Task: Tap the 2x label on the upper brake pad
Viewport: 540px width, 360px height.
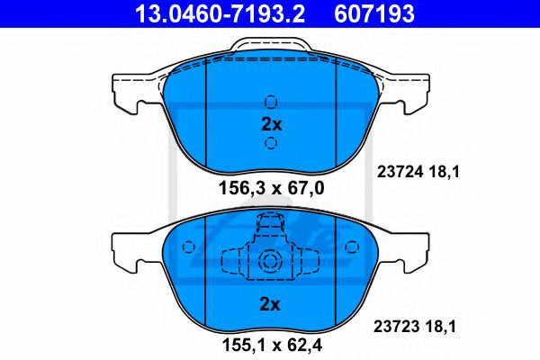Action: [x=271, y=124]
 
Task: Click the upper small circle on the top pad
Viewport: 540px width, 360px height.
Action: [x=271, y=103]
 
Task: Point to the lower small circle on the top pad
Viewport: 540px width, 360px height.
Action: [x=271, y=144]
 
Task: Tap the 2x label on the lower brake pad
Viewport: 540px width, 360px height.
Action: [x=271, y=303]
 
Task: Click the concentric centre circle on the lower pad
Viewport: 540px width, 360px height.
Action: [x=271, y=262]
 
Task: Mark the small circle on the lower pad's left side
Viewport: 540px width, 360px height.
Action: [x=187, y=246]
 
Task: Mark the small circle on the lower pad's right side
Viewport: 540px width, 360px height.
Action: [x=353, y=246]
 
